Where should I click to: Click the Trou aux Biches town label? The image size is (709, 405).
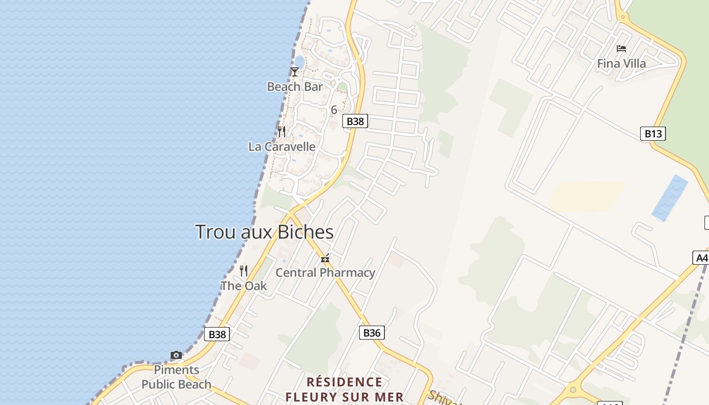click(264, 232)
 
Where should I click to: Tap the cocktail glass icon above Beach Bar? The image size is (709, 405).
click(295, 72)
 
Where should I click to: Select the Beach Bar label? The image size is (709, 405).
click(295, 87)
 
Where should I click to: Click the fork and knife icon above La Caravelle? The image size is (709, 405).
click(282, 132)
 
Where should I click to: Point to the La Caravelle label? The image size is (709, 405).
click(282, 147)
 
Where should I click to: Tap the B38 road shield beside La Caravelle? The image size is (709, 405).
click(355, 121)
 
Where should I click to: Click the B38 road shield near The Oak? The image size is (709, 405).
click(217, 334)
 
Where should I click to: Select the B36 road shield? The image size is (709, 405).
click(372, 333)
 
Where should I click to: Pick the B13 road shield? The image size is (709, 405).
click(653, 134)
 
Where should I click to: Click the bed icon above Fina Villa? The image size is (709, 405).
click(621, 49)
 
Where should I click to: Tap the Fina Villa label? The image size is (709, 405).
click(621, 64)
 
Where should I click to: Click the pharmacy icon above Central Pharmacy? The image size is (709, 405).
click(325, 259)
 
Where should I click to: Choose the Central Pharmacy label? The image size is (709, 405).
click(325, 273)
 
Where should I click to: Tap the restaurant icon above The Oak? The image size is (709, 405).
click(244, 271)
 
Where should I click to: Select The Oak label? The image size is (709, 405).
click(244, 286)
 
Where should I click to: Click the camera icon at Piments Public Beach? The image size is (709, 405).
click(176, 355)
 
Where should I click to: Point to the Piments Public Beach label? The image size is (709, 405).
click(176, 377)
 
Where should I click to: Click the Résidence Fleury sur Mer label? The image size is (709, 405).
click(344, 389)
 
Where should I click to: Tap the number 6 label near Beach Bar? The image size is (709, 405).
click(334, 110)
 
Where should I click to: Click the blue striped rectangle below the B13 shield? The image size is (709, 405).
click(670, 198)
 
